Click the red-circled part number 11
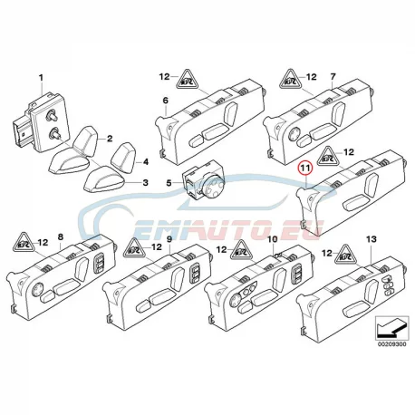pos(304,169)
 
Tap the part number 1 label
pos(41,78)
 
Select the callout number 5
pos(169,183)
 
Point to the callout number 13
pos(372,239)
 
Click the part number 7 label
pos(333,77)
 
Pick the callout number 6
pos(166,101)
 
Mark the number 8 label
pos(61,236)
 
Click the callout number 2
pos(110,139)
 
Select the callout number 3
pos(146,183)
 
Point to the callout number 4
pos(146,162)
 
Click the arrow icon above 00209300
pos(391,328)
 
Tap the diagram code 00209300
pos(392,344)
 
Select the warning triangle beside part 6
pos(187,79)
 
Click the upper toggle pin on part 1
pos(50,115)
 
